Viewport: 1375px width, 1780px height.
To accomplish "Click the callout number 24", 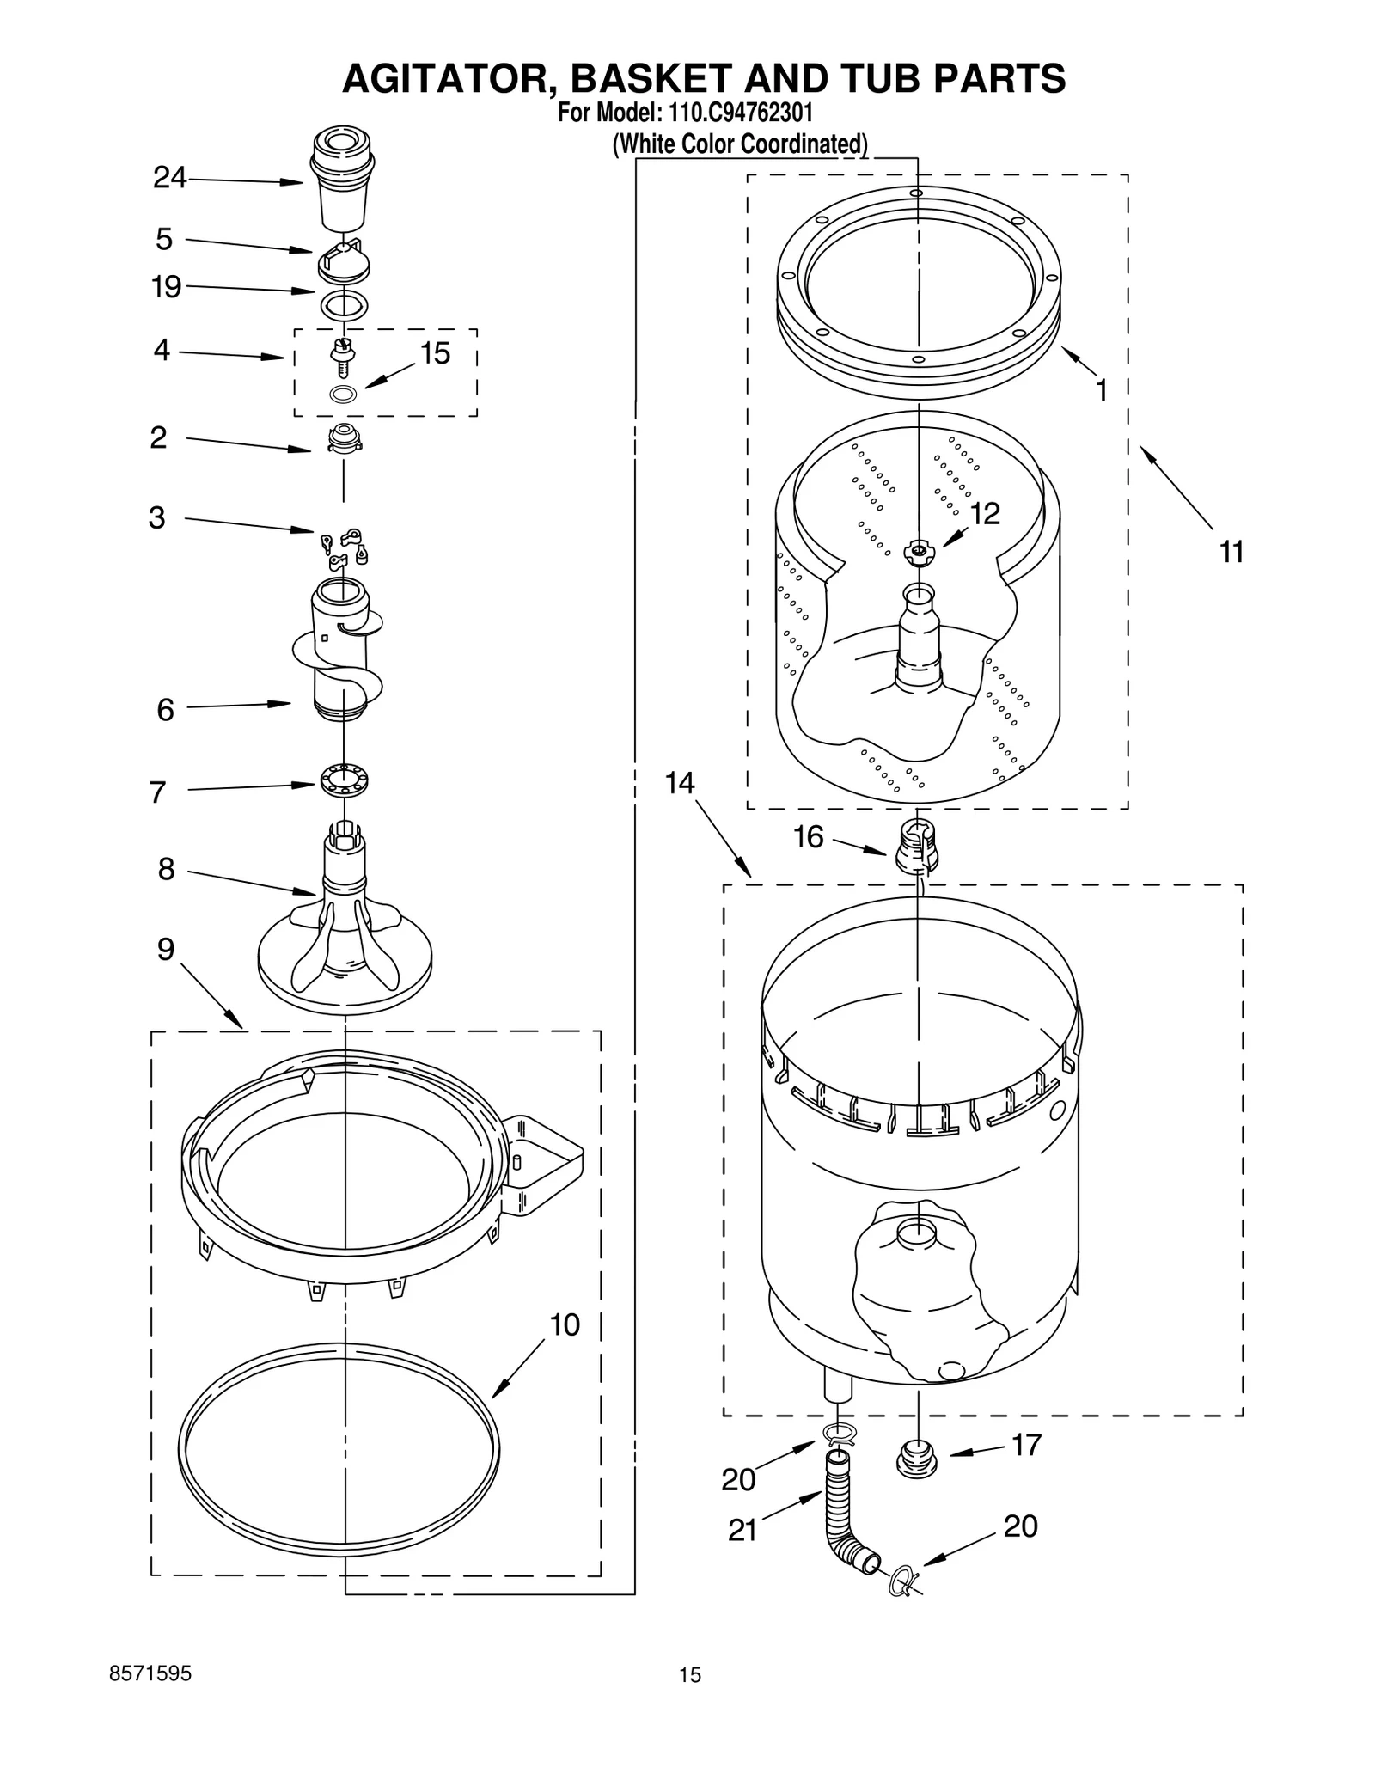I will pyautogui.click(x=169, y=177).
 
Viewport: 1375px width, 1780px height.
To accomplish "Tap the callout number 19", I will pyautogui.click(x=166, y=286).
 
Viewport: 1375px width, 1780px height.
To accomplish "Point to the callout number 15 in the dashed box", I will pyautogui.click(x=435, y=353).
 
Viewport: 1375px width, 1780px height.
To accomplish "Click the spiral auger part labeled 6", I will pyautogui.click(x=344, y=653).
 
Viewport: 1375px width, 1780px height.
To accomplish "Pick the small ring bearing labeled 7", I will pyautogui.click(x=344, y=780).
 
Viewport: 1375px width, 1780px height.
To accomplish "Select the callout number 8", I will pyautogui.click(x=166, y=869).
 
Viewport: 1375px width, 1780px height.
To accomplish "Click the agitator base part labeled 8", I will pyautogui.click(x=345, y=937).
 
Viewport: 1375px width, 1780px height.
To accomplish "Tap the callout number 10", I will pyautogui.click(x=565, y=1324).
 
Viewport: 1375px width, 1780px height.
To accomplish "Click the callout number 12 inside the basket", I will pyautogui.click(x=985, y=513).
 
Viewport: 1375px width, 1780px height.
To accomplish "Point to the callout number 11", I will pyautogui.click(x=1231, y=552).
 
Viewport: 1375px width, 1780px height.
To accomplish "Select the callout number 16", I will pyautogui.click(x=808, y=836).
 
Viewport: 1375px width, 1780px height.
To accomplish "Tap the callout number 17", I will pyautogui.click(x=1026, y=1445).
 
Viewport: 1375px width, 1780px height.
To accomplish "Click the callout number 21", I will pyautogui.click(x=742, y=1530).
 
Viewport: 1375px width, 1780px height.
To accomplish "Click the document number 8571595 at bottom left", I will pyautogui.click(x=150, y=1673).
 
